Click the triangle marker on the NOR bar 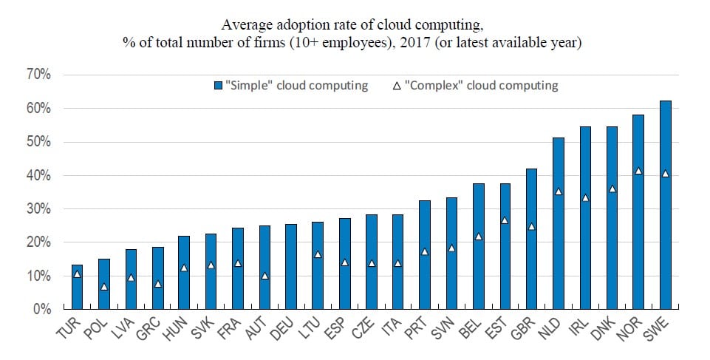coord(638,171)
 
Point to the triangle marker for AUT coord(264,276)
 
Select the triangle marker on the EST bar coord(505,220)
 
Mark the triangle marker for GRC coord(157,284)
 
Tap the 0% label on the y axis coord(41,309)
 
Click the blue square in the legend coord(218,86)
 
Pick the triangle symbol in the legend coord(397,86)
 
